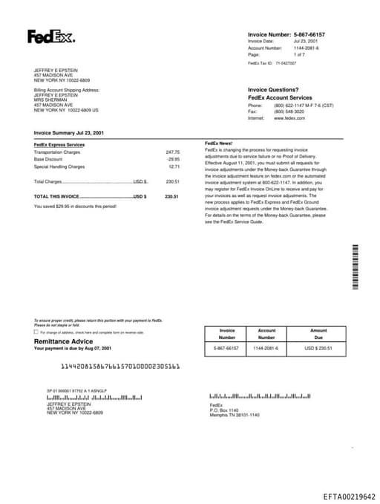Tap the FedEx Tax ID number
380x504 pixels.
286,63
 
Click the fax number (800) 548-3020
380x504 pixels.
289,112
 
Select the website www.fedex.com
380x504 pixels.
289,118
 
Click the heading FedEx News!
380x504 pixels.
218,143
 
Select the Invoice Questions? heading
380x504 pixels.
273,89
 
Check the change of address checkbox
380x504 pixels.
36,332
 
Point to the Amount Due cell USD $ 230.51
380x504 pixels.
318,348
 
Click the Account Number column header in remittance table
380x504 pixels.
266,334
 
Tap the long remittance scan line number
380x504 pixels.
120,366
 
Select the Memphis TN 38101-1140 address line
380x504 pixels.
235,415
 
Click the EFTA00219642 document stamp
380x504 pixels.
349,497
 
